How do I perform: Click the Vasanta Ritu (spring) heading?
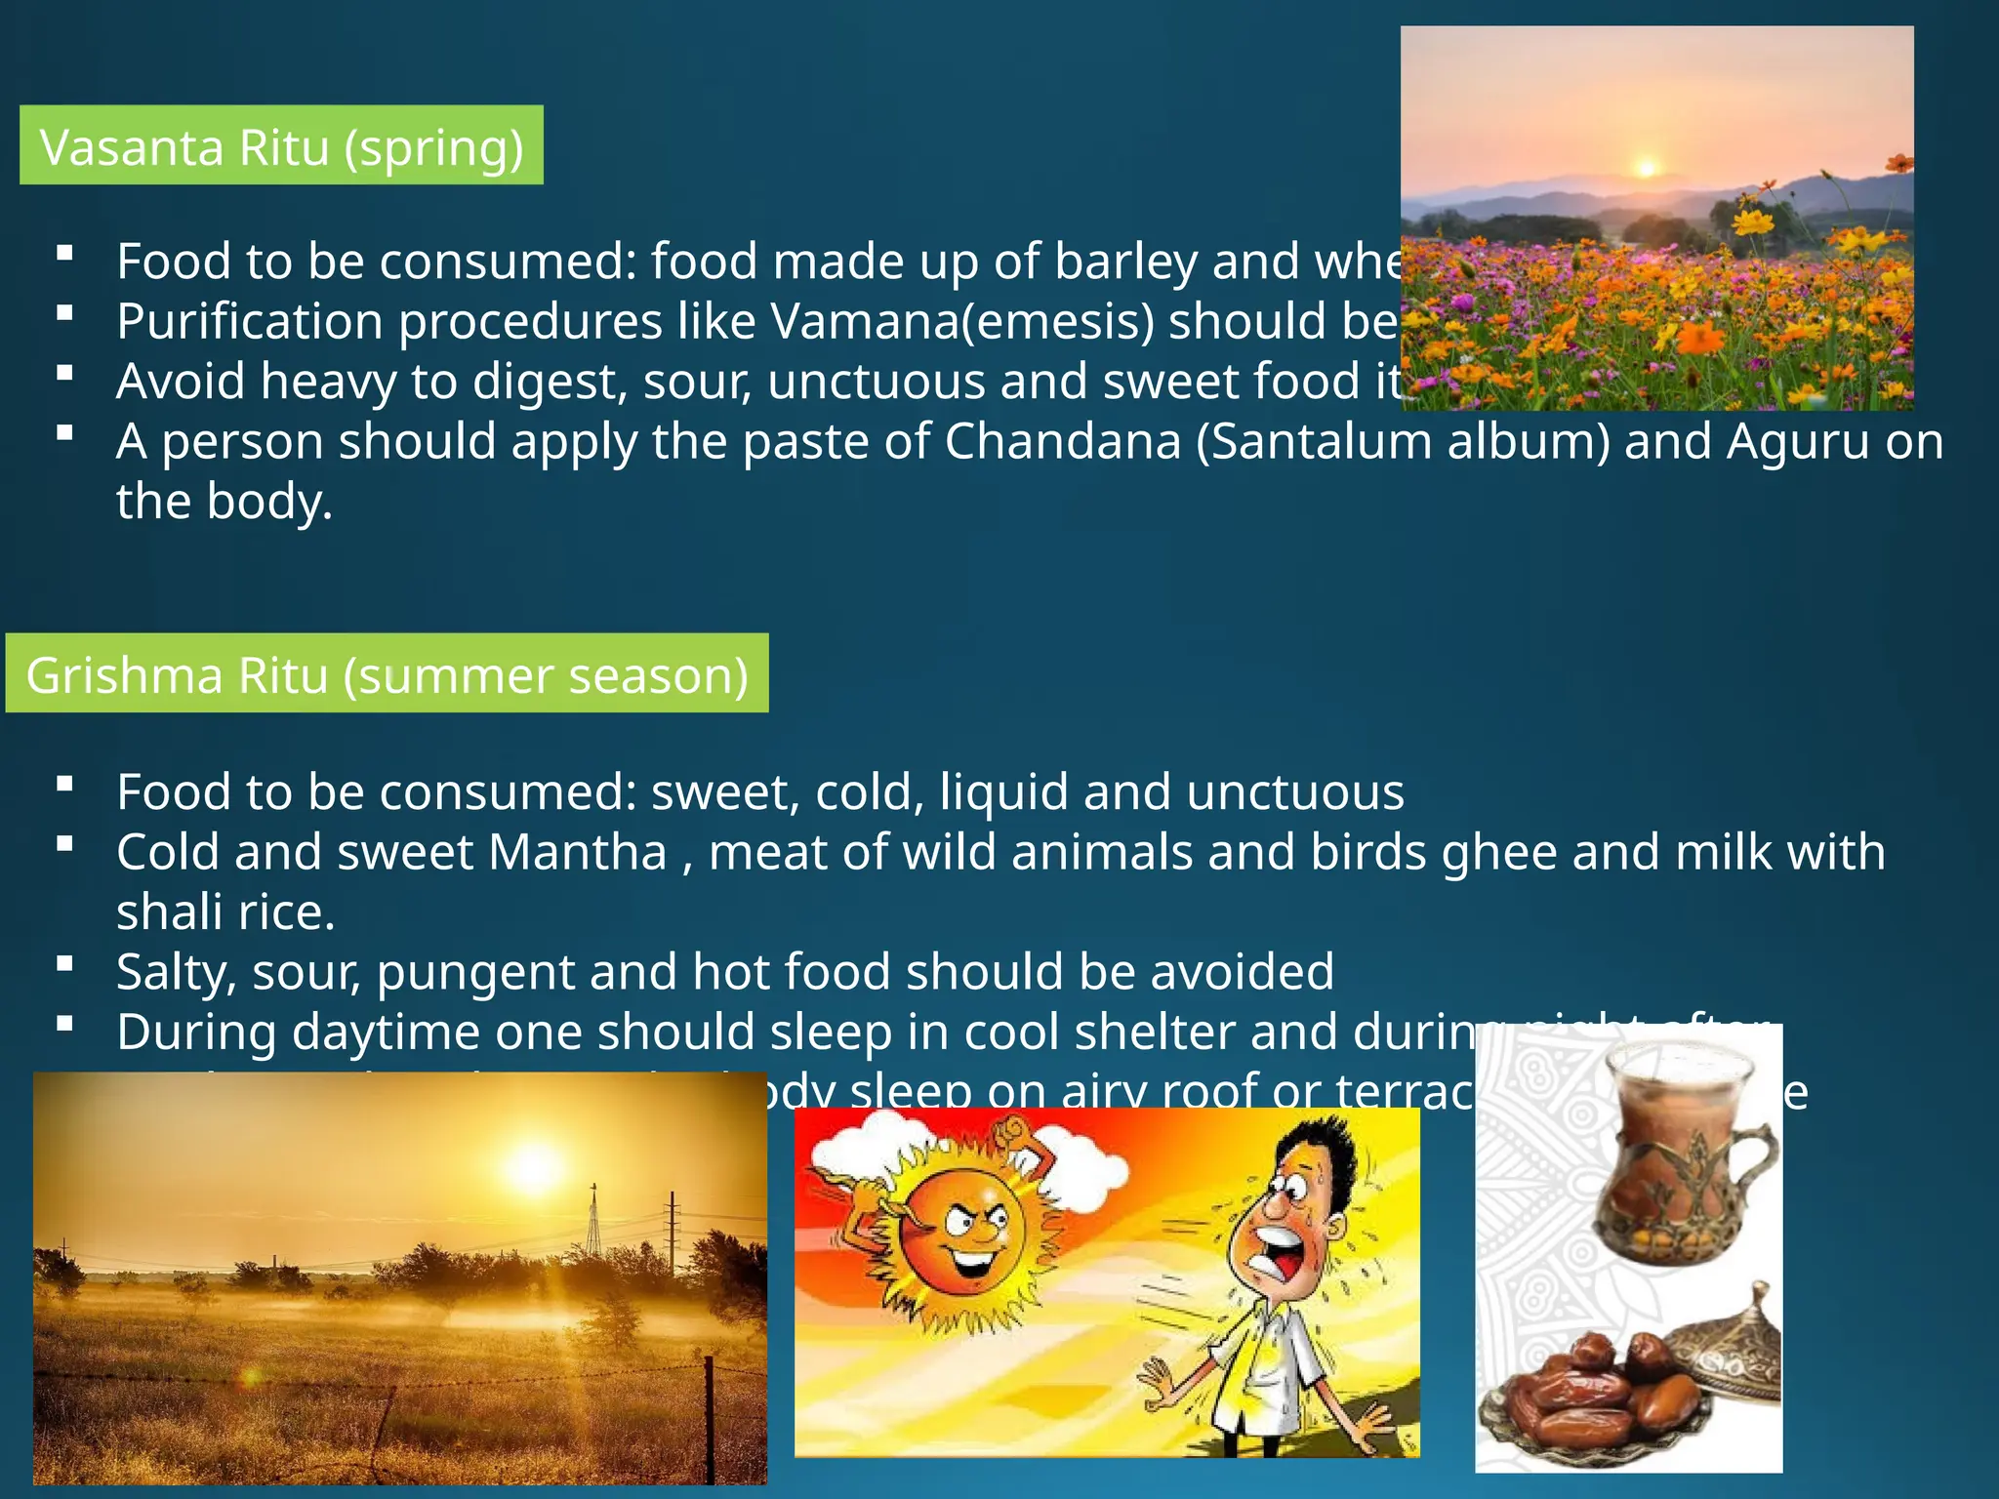tap(281, 146)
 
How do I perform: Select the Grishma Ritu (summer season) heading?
tap(387, 674)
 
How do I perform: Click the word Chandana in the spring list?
tap(1062, 441)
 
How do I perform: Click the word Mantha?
tap(577, 852)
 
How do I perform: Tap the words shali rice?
tap(225, 912)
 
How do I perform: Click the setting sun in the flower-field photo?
tap(1647, 168)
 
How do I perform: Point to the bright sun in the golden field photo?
tap(533, 1166)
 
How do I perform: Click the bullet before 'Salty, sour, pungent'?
tap(65, 965)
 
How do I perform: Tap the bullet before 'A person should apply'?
tap(65, 433)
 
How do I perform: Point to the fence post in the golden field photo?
tap(710, 1415)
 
